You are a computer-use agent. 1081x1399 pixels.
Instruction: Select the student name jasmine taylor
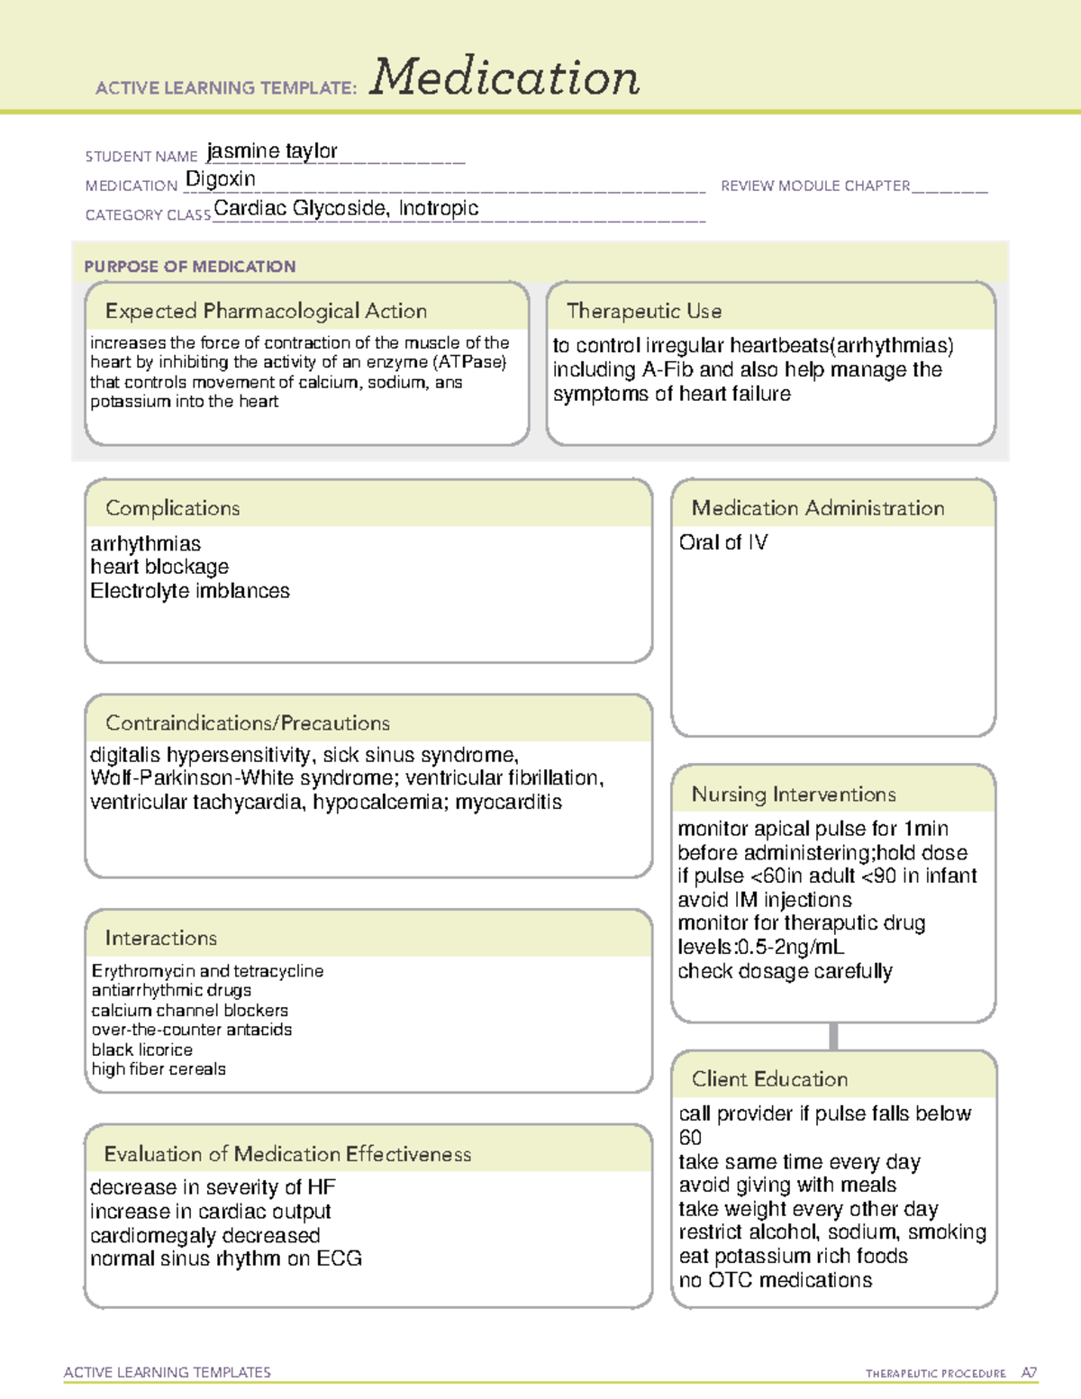pyautogui.click(x=272, y=151)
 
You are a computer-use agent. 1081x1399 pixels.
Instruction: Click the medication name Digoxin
pyautogui.click(x=221, y=179)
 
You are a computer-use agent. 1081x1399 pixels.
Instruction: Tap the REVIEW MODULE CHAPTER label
pyautogui.click(x=815, y=186)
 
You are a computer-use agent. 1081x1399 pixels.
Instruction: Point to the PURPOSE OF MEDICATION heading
pyautogui.click(x=190, y=267)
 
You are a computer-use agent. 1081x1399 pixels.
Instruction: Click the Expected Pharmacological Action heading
pyautogui.click(x=266, y=311)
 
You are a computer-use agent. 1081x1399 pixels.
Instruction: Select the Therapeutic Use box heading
pyautogui.click(x=644, y=311)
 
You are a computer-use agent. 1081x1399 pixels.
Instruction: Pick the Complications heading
pyautogui.click(x=173, y=508)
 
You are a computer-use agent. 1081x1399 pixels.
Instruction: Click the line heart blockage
pyautogui.click(x=159, y=567)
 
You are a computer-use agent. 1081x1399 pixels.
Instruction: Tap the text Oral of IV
pyautogui.click(x=723, y=542)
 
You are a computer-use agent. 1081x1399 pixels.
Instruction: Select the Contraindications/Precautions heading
pyautogui.click(x=248, y=723)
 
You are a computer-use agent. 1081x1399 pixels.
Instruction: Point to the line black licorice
pyautogui.click(x=142, y=1049)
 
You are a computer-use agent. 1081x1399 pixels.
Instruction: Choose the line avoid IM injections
pyautogui.click(x=765, y=900)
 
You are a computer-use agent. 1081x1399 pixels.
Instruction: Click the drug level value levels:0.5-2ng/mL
pyautogui.click(x=761, y=947)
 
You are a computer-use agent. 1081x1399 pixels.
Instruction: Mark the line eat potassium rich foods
pyautogui.click(x=794, y=1256)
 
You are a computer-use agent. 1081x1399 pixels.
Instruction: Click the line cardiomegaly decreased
pyautogui.click(x=205, y=1235)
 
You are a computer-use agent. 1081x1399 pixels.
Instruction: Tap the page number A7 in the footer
pyautogui.click(x=1028, y=1373)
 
